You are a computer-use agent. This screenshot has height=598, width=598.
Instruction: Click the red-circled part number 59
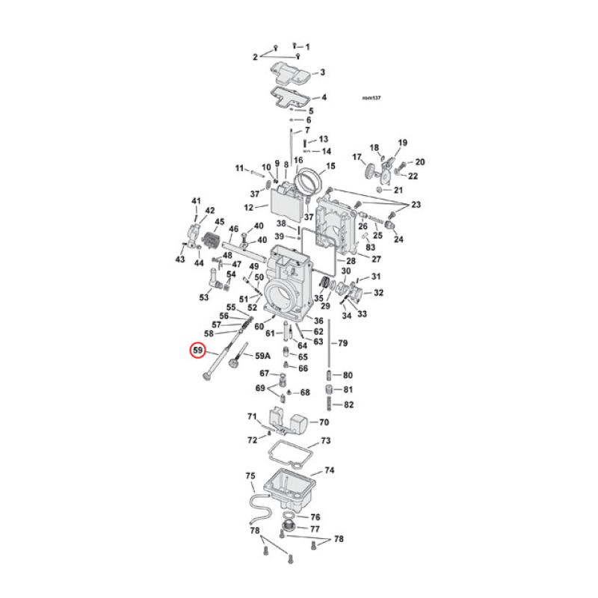tap(197, 350)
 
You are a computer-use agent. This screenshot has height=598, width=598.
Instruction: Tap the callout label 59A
tap(264, 356)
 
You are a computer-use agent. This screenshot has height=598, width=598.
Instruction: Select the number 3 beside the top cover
tap(323, 73)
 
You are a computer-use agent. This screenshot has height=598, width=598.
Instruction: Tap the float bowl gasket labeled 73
tap(283, 453)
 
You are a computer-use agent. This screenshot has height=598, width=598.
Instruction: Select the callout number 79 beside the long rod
tap(343, 344)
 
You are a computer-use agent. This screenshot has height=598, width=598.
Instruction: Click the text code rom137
tap(372, 97)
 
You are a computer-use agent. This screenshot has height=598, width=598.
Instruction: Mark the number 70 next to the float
tap(324, 422)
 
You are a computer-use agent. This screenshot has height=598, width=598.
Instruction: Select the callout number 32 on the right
tap(378, 292)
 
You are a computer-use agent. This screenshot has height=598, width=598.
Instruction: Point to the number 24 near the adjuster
tap(398, 240)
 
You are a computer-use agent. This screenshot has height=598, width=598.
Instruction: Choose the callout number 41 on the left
tap(197, 201)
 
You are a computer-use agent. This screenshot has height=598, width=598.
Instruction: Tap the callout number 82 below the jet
tap(348, 405)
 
